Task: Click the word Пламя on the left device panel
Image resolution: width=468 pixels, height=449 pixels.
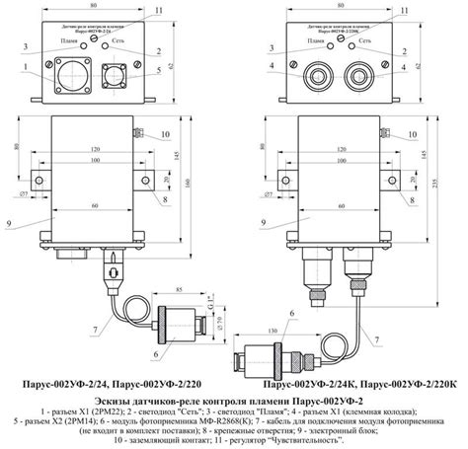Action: point(69,41)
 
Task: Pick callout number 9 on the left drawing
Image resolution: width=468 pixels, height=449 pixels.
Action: point(11,225)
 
